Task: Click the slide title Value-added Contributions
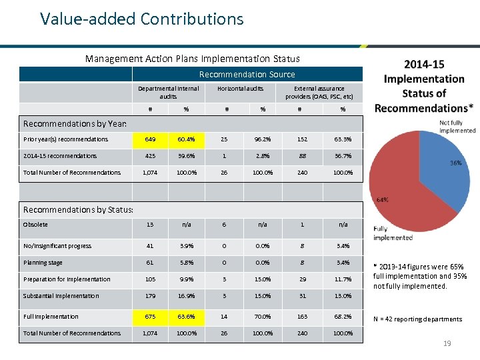(x=141, y=19)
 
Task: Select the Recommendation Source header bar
(x=247, y=74)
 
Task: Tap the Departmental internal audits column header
(x=168, y=92)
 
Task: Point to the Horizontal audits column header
(x=240, y=88)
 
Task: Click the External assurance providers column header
(x=319, y=92)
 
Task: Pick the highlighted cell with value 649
(x=150, y=139)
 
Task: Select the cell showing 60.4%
(x=186, y=139)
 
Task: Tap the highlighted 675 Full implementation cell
(x=150, y=317)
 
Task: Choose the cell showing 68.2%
(x=343, y=317)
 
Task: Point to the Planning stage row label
(x=43, y=263)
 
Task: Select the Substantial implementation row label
(x=61, y=296)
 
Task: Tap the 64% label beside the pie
(x=383, y=199)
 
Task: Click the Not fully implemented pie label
(x=457, y=127)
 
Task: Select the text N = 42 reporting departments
(x=417, y=319)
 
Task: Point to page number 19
(x=448, y=344)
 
